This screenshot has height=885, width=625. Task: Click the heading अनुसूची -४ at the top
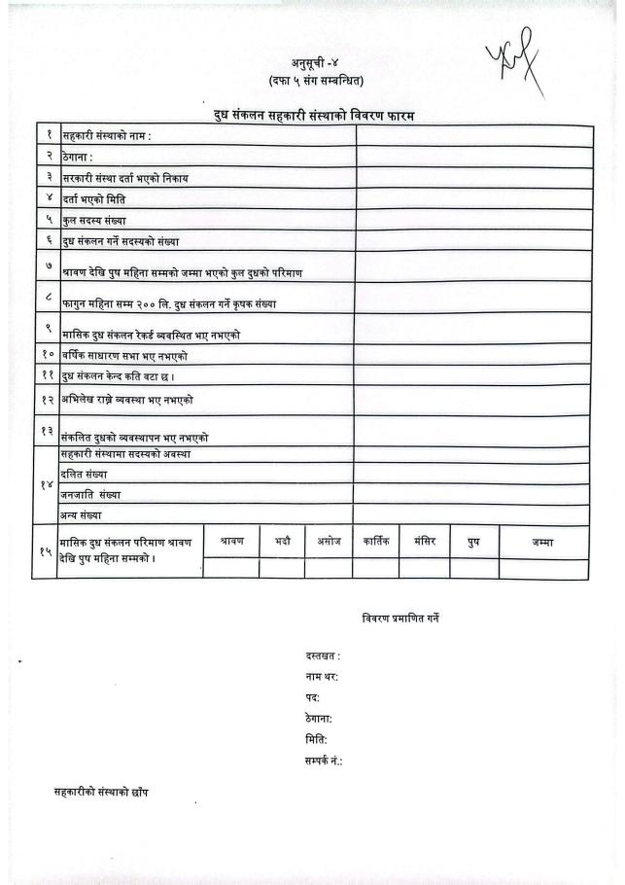click(x=310, y=63)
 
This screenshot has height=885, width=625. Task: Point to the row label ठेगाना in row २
click(x=77, y=157)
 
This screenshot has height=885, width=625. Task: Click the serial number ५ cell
click(x=47, y=220)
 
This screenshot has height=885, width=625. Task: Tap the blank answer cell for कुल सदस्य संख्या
click(x=473, y=220)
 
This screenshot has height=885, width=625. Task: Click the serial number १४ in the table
click(x=46, y=484)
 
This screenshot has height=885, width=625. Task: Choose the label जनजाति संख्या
click(x=91, y=494)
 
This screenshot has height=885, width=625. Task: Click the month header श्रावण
click(x=231, y=541)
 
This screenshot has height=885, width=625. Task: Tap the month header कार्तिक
click(x=375, y=541)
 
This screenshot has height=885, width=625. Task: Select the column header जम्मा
click(x=542, y=542)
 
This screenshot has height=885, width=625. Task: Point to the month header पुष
click(x=473, y=542)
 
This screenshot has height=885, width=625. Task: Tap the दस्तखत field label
click(x=323, y=656)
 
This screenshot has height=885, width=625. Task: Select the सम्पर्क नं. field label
click(x=324, y=760)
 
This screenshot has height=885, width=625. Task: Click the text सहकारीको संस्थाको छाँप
click(x=101, y=792)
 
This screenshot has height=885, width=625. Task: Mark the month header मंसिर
click(x=424, y=541)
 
